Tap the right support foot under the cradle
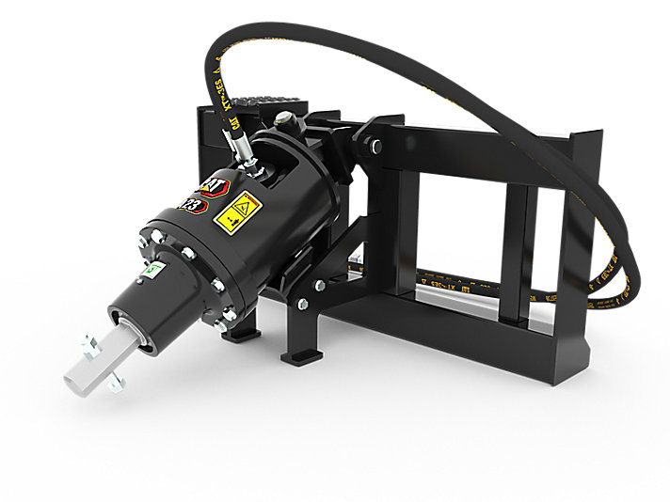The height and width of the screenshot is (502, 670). coord(302,355)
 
